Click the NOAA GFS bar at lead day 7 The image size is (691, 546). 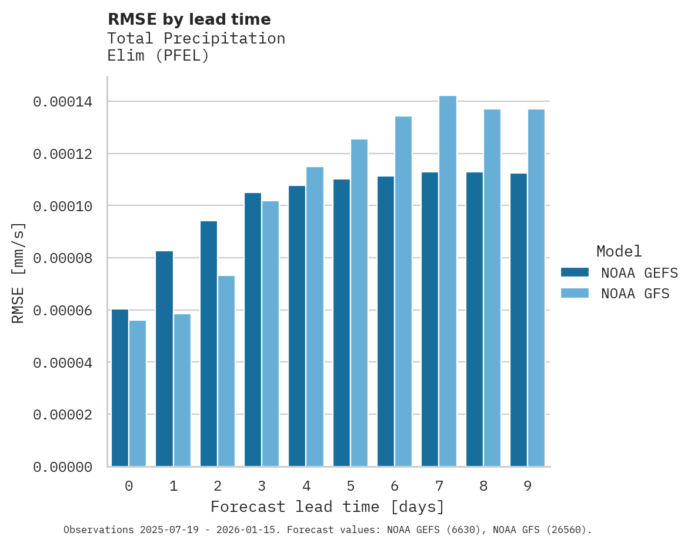click(x=448, y=281)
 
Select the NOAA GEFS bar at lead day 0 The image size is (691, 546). click(x=120, y=388)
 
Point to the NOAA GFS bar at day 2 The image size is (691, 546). click(x=226, y=371)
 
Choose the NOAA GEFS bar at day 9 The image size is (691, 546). click(x=519, y=320)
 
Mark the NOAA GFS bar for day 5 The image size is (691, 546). click(x=359, y=303)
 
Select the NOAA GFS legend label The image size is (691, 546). click(x=635, y=294)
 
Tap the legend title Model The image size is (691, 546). click(x=619, y=251)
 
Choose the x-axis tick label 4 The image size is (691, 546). click(x=306, y=486)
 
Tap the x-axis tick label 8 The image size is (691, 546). click(x=483, y=486)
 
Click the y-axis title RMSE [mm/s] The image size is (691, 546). click(x=18, y=273)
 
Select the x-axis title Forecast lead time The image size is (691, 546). click(x=328, y=507)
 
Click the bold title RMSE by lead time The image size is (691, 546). click(x=189, y=19)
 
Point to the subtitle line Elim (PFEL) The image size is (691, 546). click(x=158, y=56)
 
